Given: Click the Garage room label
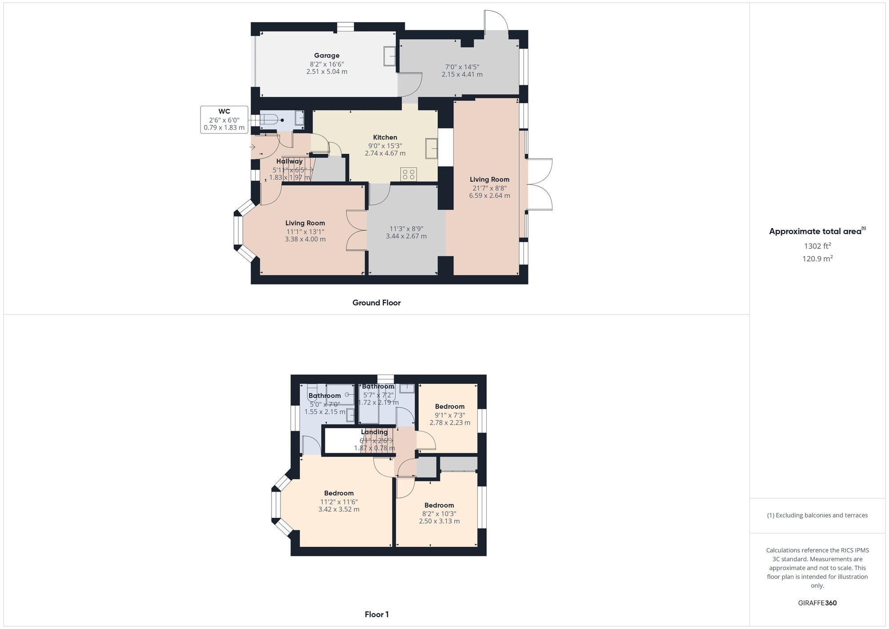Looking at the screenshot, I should (x=327, y=56).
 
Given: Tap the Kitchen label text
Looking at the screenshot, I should (x=385, y=137).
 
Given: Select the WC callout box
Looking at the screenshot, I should (x=224, y=120).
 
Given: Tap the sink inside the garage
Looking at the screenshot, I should (x=389, y=56).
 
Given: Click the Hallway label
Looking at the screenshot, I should (x=289, y=161).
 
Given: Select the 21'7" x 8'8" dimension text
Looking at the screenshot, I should (x=489, y=188).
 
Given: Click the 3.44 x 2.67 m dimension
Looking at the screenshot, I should (x=406, y=236).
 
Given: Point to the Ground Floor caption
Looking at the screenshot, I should (x=376, y=303).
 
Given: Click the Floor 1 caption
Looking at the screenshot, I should (x=376, y=614).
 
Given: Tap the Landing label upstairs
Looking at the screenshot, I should (x=374, y=432).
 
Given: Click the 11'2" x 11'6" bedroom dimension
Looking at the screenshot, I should (x=339, y=502).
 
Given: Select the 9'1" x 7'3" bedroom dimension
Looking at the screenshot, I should (x=450, y=415).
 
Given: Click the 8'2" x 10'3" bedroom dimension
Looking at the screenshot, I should (x=439, y=513).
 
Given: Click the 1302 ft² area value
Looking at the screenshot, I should (x=817, y=246).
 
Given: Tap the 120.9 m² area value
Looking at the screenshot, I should (x=817, y=259).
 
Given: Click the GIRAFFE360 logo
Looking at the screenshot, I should (x=817, y=603).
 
